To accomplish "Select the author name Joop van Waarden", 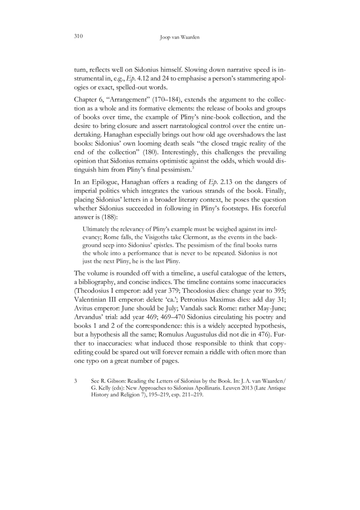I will (x=180, y=38).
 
